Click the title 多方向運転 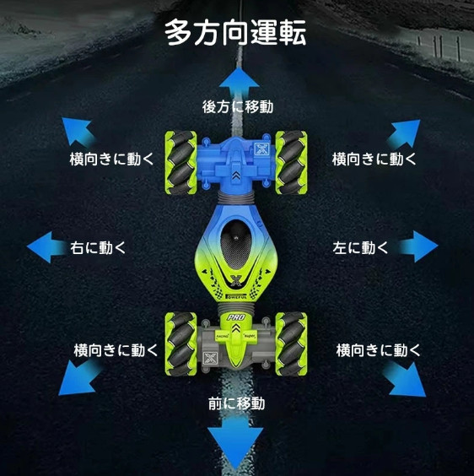point(235,32)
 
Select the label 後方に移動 point(238,107)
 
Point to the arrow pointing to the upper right point(405,133)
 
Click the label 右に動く point(98,247)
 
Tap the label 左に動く point(360,247)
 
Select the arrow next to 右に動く point(46,246)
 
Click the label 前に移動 point(237,403)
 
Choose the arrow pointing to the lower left point(79,377)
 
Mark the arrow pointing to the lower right point(405,379)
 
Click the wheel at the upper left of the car point(180,163)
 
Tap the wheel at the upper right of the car point(291,163)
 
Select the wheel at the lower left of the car point(180,344)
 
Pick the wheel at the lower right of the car point(291,344)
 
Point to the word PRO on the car point(236,317)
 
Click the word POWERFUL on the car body point(236,296)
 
